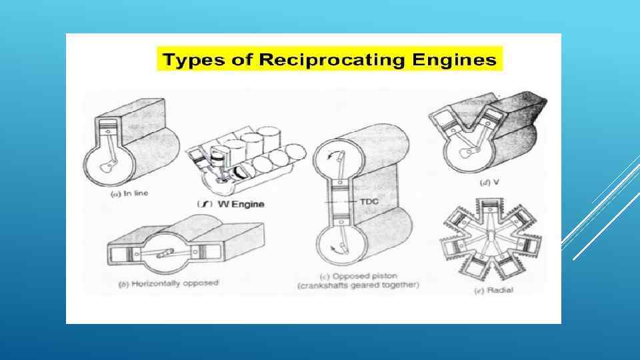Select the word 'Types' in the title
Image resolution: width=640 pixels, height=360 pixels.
pos(184,61)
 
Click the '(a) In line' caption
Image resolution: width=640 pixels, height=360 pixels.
pos(129,193)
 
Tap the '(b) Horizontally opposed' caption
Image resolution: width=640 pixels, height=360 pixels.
pos(169,283)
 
